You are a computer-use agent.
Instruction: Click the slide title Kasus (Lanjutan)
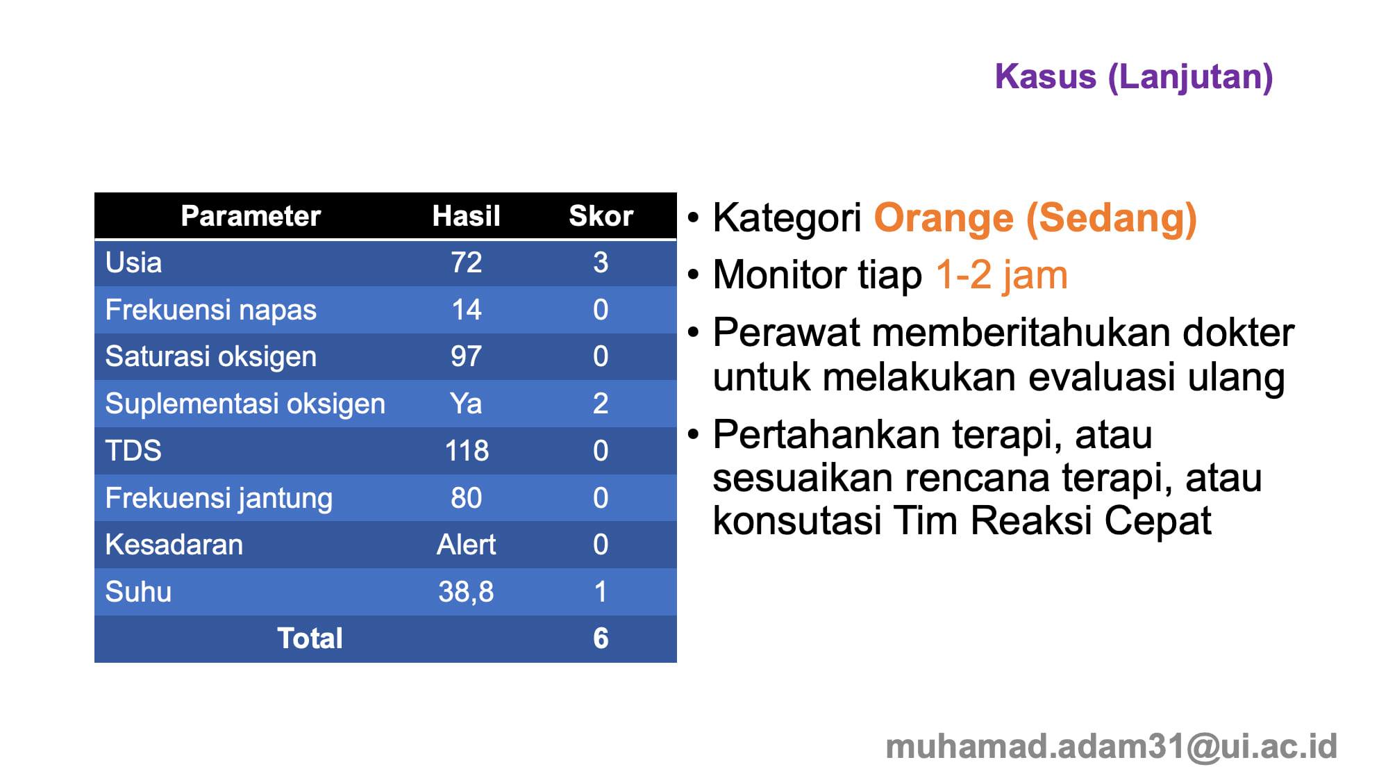pos(1133,76)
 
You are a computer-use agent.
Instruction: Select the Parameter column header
pos(251,216)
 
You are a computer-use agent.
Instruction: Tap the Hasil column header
pos(466,216)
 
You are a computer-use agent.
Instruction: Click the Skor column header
pos(601,216)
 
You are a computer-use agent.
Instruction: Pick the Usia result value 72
pos(466,263)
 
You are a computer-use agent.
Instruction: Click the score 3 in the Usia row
pos(601,263)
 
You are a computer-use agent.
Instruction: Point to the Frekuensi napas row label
pos(210,310)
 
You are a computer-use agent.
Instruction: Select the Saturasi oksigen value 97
pos(466,356)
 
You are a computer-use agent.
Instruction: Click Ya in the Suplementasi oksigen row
pos(466,404)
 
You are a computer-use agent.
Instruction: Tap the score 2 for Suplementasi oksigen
pos(601,404)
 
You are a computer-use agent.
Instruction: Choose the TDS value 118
pos(467,451)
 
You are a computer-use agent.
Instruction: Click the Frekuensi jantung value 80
pos(466,498)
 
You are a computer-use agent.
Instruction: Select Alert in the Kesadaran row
pos(466,545)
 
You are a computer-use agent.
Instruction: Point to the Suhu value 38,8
pos(466,592)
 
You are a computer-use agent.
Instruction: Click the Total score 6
pos(601,638)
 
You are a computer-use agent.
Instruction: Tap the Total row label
pos(310,638)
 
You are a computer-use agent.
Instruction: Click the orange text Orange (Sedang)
pos(1035,218)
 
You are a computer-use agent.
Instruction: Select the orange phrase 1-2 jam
pos(1001,275)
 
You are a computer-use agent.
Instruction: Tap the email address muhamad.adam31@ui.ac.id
pos(1111,747)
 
